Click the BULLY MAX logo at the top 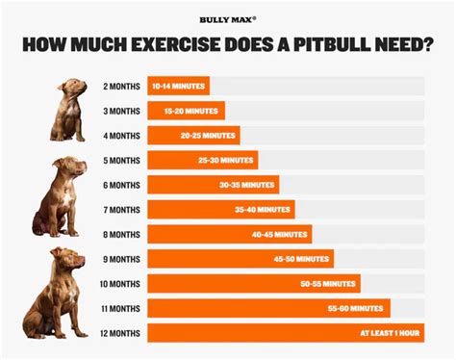[x=227, y=18]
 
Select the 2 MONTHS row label [x=120, y=86]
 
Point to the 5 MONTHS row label [x=120, y=160]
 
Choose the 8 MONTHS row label [x=120, y=234]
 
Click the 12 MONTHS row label [x=118, y=333]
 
